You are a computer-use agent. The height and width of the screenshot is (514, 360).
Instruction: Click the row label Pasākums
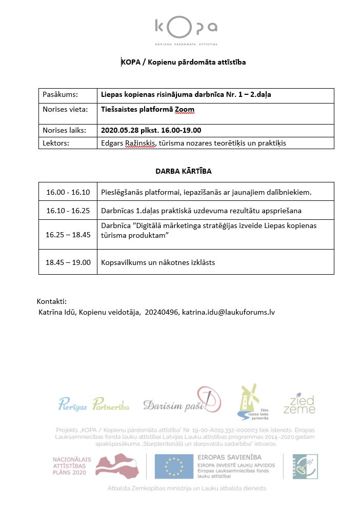click(60, 95)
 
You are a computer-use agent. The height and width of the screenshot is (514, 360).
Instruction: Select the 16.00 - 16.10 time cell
click(68, 192)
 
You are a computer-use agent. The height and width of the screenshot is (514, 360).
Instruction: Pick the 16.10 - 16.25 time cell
click(68, 210)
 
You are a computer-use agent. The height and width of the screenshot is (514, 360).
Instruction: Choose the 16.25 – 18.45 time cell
click(68, 234)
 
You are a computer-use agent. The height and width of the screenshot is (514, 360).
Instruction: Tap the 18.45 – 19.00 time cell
click(68, 262)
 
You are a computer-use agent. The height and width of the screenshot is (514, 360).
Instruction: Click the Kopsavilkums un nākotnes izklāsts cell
click(158, 262)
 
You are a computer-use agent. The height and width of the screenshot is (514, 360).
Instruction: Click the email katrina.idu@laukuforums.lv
click(233, 312)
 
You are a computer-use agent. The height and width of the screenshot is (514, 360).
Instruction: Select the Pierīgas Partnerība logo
click(94, 406)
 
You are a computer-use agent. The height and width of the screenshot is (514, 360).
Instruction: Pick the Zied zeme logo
click(303, 404)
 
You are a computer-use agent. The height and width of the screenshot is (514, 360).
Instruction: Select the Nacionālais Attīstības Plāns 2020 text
click(72, 466)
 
